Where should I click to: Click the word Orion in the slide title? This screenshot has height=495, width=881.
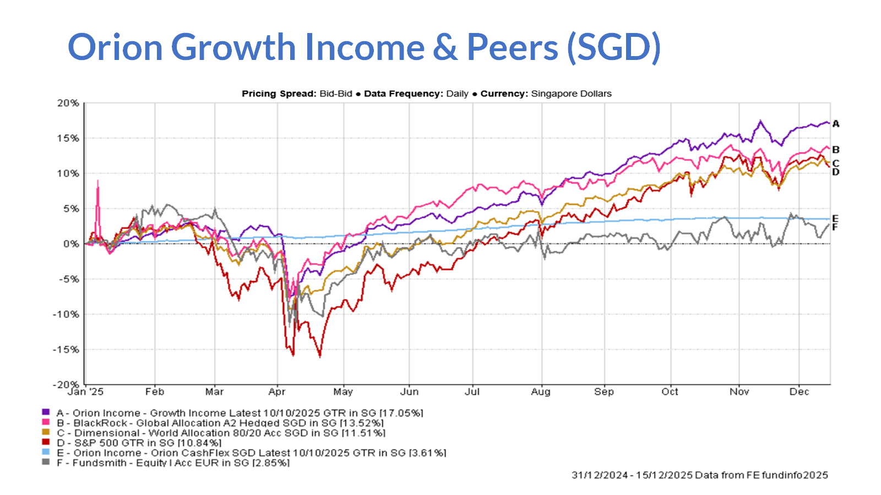116,47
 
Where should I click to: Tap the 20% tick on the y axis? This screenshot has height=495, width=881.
68,103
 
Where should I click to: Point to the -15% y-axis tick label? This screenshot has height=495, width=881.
66,350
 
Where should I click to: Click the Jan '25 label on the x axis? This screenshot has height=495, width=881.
85,392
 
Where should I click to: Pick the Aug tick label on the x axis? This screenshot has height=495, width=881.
541,392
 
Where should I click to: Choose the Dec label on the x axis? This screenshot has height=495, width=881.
799,392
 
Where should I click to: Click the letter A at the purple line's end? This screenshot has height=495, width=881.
836,124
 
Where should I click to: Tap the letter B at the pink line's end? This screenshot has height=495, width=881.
836,150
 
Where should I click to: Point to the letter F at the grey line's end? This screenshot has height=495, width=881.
835,227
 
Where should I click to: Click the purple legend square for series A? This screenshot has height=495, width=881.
46,413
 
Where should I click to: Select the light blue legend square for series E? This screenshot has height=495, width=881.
46,453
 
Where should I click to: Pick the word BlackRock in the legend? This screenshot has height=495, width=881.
100,423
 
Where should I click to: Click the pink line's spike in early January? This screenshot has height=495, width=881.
98,182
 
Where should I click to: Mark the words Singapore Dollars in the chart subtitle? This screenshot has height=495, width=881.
571,94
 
